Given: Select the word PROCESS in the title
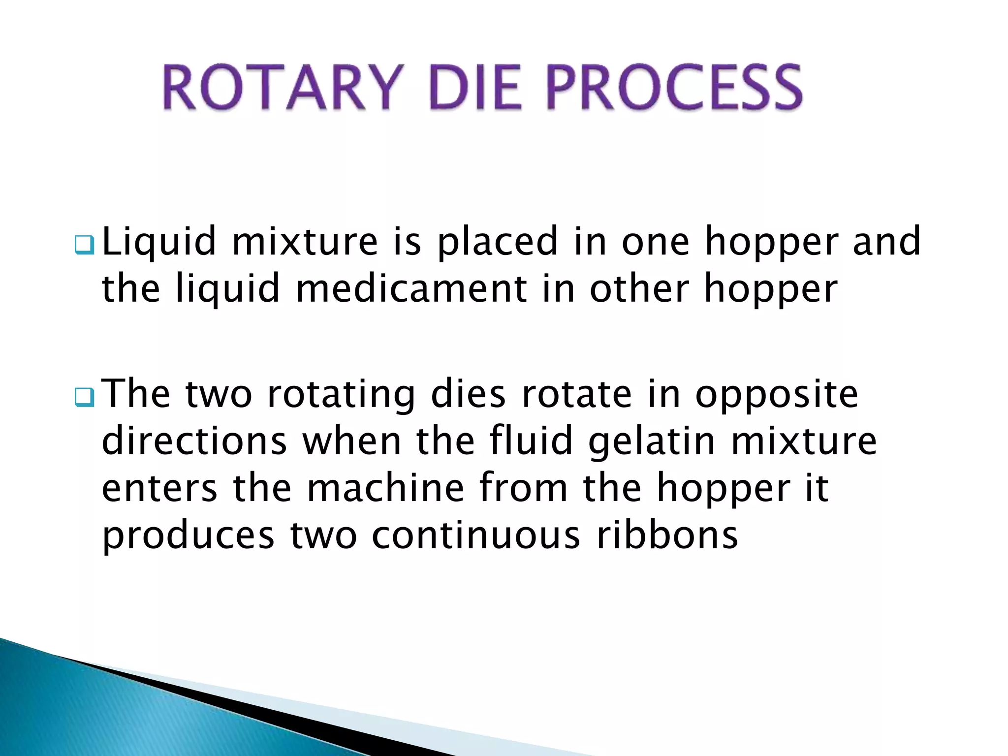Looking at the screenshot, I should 674,88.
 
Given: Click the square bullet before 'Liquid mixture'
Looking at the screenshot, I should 84,245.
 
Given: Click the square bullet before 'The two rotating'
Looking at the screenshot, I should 84,397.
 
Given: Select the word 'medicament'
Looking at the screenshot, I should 411,289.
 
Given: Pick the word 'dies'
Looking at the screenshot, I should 468,394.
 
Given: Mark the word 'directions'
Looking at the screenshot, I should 194,441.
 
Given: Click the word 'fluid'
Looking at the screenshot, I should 532,441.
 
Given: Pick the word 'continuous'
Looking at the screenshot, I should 476,535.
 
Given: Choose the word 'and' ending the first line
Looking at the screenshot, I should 886,242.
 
